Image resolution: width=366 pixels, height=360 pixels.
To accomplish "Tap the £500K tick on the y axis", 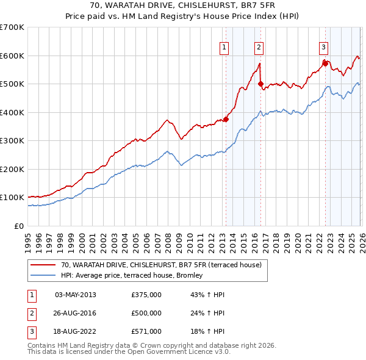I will pos(12,84).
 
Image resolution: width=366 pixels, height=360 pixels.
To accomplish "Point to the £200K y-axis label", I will pos(12,169).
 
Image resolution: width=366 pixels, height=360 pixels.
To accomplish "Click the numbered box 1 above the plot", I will pos(224,47).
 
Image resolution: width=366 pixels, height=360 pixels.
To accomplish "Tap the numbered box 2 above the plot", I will pos(259,47).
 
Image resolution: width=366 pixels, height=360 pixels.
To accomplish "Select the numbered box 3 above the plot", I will pos(323,47).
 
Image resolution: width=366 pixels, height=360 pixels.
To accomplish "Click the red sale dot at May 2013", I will pos(226,119).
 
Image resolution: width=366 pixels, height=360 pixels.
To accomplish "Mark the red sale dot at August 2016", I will pos(261,84).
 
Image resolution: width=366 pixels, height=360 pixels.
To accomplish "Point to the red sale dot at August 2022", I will pos(325,63).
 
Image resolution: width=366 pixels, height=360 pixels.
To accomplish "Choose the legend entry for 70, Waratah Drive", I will pos(161,265).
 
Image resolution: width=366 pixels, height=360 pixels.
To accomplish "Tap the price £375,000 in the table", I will pos(146,295).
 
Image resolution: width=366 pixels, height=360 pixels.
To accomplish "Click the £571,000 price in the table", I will pos(146,331).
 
